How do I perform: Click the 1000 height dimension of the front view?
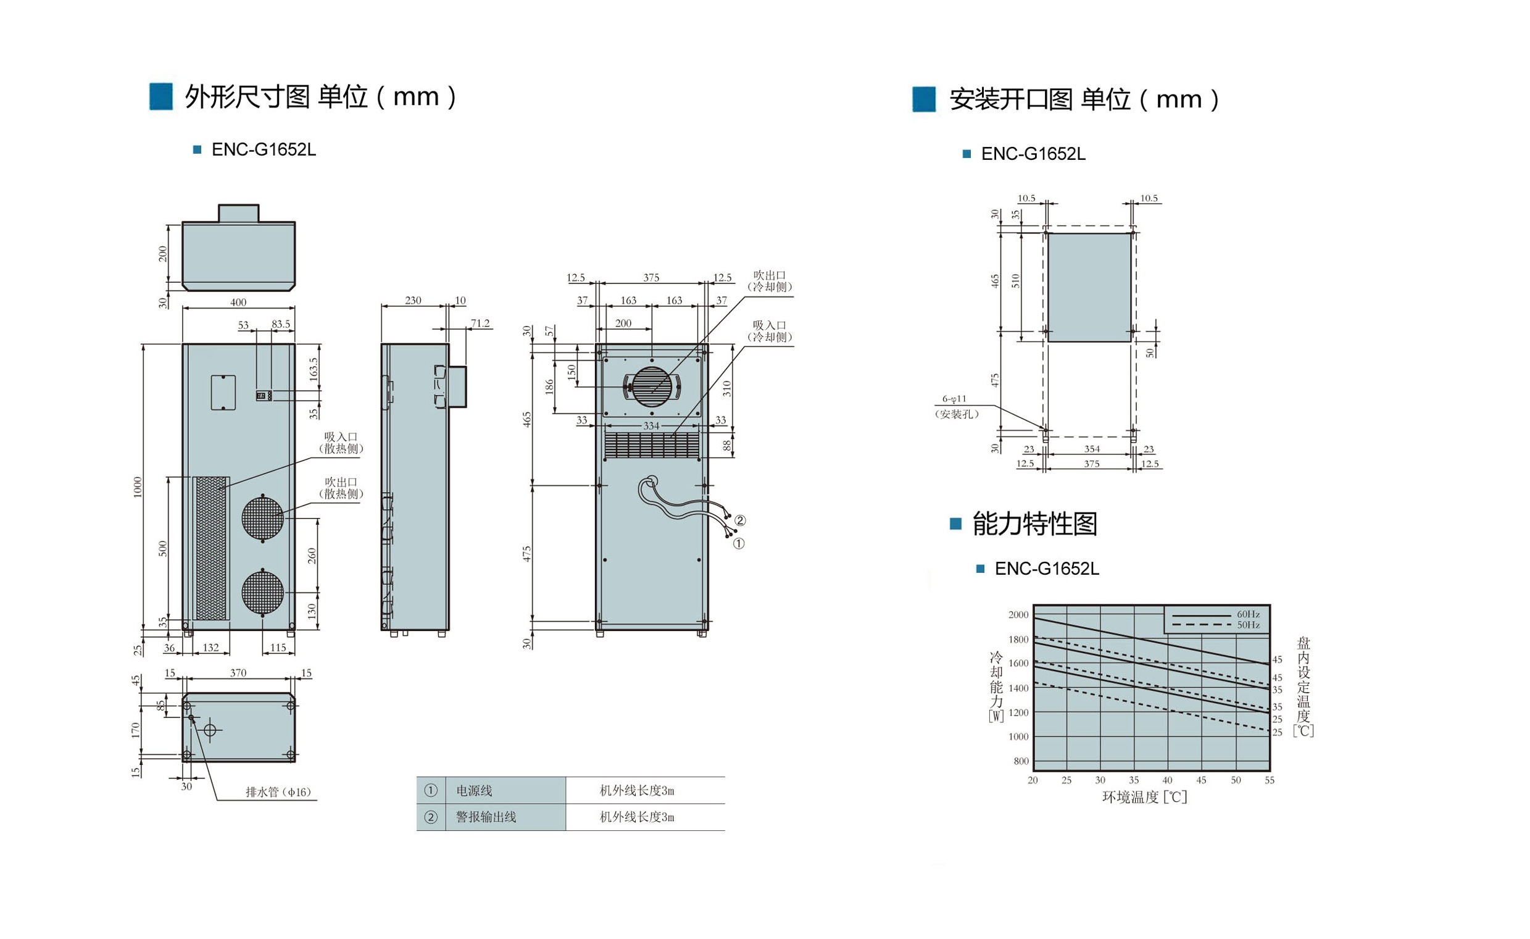138,487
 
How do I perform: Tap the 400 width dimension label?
238,303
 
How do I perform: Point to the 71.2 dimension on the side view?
480,323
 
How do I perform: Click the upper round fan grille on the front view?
263,519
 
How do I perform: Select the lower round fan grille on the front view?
263,593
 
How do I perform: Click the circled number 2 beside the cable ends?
740,520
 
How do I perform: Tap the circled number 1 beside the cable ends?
738,544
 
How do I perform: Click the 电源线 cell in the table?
475,791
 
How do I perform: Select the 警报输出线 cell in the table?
486,817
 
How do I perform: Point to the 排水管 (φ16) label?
278,792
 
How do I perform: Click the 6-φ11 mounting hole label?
954,399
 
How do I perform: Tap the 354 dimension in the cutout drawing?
1092,449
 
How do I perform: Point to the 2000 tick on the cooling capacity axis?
1018,615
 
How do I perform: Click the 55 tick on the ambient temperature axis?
1269,780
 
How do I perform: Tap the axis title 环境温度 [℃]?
1144,797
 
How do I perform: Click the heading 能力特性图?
1034,524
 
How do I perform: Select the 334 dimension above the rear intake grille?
651,426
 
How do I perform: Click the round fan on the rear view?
652,387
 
